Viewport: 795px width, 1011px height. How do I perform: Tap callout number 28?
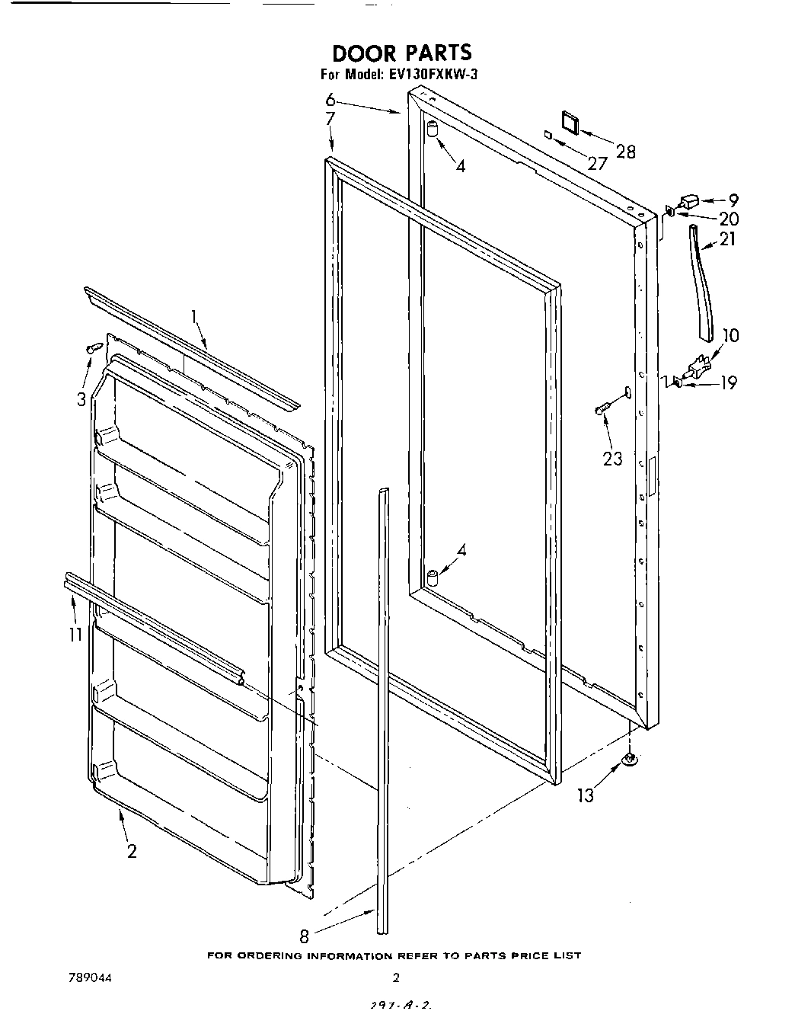[625, 152]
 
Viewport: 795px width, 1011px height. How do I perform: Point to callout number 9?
[733, 201]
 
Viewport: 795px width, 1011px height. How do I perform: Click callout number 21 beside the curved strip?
[728, 239]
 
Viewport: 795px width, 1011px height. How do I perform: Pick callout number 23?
[612, 459]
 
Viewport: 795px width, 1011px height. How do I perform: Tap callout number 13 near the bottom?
[585, 796]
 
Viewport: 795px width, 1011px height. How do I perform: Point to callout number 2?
[132, 851]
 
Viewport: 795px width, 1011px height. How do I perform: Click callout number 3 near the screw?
[81, 399]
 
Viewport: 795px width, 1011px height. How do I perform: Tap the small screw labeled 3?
[94, 348]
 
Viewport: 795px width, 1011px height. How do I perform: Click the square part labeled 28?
[569, 122]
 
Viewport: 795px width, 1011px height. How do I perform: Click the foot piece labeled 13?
[630, 759]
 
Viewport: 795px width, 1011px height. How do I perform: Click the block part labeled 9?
[689, 202]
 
